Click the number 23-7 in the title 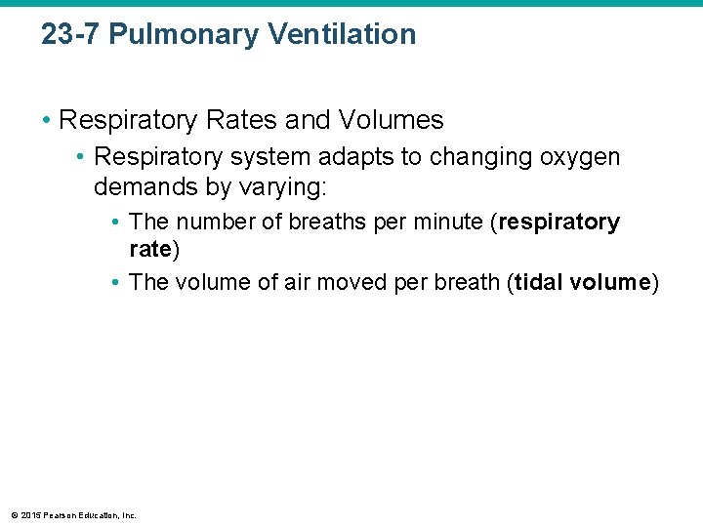pos(70,35)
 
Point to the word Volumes pos(391,121)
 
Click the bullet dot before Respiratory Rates pos(47,121)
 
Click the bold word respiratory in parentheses pos(559,223)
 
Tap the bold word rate pos(149,250)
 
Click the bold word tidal pos(539,283)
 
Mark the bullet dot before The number pos(115,223)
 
